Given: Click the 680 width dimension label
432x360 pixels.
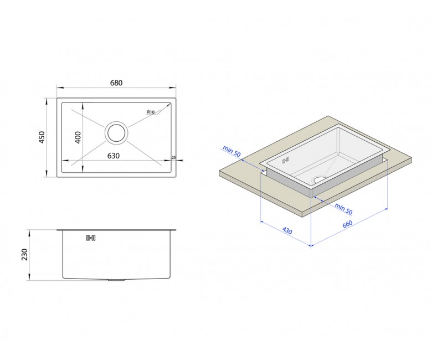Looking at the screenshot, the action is (116, 83).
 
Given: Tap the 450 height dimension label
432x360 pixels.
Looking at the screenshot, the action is (42, 137).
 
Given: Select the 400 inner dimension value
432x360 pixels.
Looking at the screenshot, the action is (78, 137).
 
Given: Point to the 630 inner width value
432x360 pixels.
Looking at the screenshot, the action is (114, 156).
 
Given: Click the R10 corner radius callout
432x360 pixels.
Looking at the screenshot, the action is (151, 112).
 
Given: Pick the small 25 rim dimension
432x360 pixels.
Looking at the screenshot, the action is (173, 157).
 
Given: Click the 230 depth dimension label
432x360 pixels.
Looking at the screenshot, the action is (25, 255).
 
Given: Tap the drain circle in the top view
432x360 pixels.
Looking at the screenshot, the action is (116, 133).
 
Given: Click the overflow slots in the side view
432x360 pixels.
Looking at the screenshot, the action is (91, 238).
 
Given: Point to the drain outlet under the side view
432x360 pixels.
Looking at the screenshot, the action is (116, 280).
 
